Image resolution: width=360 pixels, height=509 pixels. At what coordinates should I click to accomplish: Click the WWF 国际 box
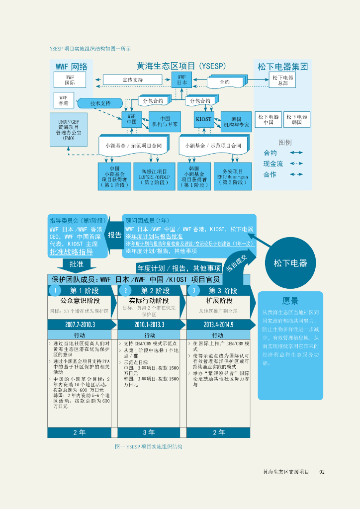point(70,80)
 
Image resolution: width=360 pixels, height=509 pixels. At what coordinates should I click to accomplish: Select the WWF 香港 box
point(64,100)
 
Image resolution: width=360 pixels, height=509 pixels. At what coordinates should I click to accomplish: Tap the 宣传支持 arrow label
point(132,80)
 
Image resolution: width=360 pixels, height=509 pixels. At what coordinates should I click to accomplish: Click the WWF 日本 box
point(181,80)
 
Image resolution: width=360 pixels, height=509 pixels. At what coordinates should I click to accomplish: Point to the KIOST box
point(204,119)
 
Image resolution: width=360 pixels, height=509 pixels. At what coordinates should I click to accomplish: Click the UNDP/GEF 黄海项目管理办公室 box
point(69,130)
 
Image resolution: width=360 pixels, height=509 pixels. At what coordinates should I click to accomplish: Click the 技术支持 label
point(100,103)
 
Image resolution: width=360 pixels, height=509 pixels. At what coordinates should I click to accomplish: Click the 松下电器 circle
point(290,263)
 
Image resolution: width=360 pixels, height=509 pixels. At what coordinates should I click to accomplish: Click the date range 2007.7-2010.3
point(80,325)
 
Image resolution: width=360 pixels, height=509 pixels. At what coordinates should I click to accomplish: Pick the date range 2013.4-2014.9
point(218,325)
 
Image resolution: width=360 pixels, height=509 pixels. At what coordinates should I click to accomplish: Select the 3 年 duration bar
point(149,432)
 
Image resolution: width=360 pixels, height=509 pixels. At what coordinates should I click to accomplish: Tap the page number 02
point(322,472)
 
